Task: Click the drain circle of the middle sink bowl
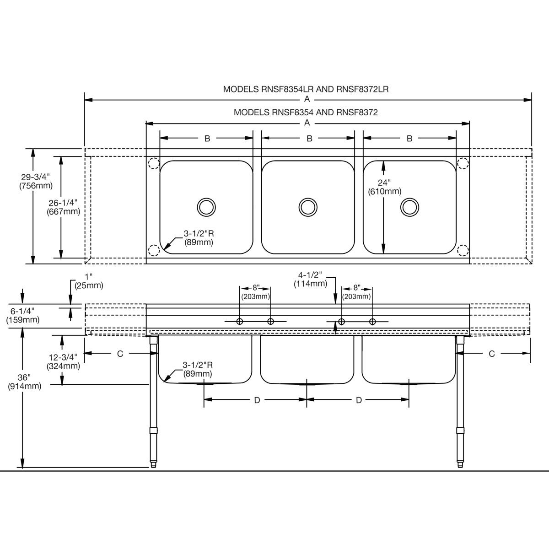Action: pos(307,207)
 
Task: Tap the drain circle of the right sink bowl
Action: pos(409,207)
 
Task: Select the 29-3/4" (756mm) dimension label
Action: pos(36,181)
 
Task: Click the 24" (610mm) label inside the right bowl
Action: pos(384,187)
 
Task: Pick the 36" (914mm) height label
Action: pos(25,382)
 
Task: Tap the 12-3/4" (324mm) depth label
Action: pos(63,361)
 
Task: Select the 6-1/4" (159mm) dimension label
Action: pos(23,315)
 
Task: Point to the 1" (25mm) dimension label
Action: pos(88,281)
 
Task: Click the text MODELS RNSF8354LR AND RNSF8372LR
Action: pos(306,89)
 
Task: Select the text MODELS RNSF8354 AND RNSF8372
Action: pos(306,112)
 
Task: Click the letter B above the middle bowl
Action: pos(309,138)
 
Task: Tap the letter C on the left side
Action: pos(120,354)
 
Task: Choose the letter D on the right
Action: pos(359,400)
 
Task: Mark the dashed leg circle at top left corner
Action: pos(153,163)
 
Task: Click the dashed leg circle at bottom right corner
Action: pos(463,250)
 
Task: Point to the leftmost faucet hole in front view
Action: pos(239,321)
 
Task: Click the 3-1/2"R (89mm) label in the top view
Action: pos(199,238)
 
